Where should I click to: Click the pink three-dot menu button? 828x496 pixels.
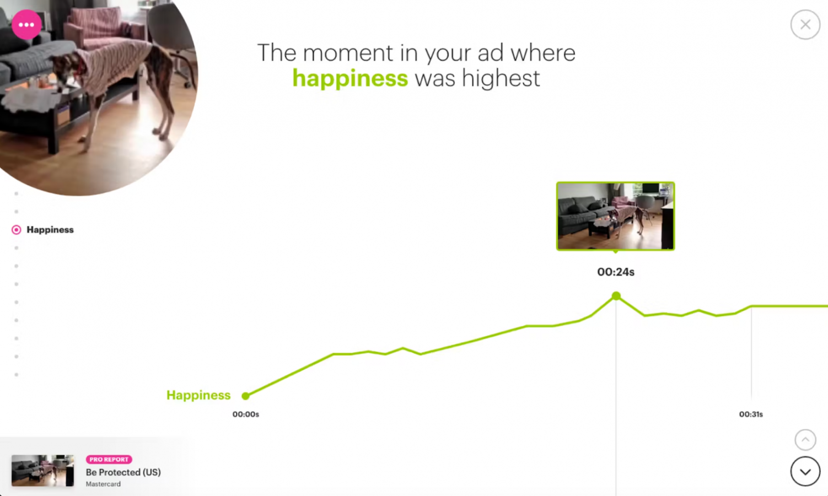pyautogui.click(x=26, y=25)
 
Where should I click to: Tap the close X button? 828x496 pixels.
pyautogui.click(x=805, y=25)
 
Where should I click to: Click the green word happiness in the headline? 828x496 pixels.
pyautogui.click(x=350, y=78)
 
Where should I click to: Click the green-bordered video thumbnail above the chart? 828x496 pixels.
pyautogui.click(x=615, y=216)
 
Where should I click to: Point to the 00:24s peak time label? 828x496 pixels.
pyautogui.click(x=616, y=272)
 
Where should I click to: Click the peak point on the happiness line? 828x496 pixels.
pyautogui.click(x=616, y=296)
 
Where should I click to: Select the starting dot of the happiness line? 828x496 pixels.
pyautogui.click(x=245, y=396)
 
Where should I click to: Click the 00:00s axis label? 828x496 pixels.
pyautogui.click(x=246, y=414)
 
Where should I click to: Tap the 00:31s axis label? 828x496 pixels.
pyautogui.click(x=751, y=414)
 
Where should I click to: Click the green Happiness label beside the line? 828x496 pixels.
pyautogui.click(x=198, y=395)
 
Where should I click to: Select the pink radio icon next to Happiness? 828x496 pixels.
pyautogui.click(x=17, y=230)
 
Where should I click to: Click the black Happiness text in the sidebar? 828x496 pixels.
pyautogui.click(x=50, y=230)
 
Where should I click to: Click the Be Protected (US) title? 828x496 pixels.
pyautogui.click(x=123, y=472)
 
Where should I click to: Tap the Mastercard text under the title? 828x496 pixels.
pyautogui.click(x=103, y=484)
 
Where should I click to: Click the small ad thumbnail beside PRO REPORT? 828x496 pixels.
pyautogui.click(x=42, y=471)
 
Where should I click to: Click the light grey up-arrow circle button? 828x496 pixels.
pyautogui.click(x=805, y=440)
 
